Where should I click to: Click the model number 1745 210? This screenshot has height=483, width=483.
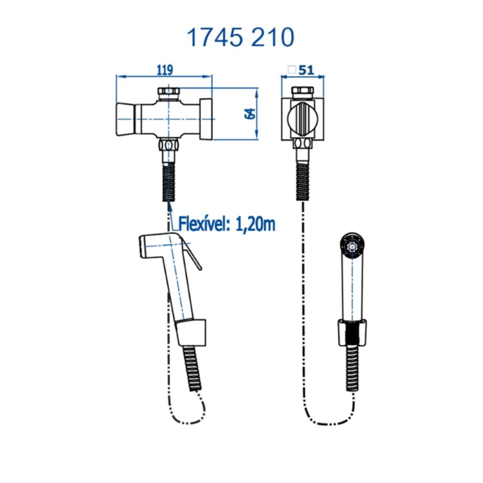point(240,37)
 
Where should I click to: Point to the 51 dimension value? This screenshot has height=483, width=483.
point(306,70)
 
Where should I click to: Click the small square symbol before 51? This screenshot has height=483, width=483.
point(292,70)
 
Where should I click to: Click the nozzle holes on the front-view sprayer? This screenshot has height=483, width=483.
point(353,246)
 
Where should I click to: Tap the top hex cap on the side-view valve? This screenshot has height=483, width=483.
point(169,92)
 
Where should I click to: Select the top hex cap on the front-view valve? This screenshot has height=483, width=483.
point(303,92)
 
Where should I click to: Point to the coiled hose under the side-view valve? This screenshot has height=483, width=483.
point(169,181)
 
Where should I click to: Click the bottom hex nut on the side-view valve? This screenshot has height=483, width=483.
point(169,145)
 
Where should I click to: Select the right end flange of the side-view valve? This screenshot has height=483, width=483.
point(206,119)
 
